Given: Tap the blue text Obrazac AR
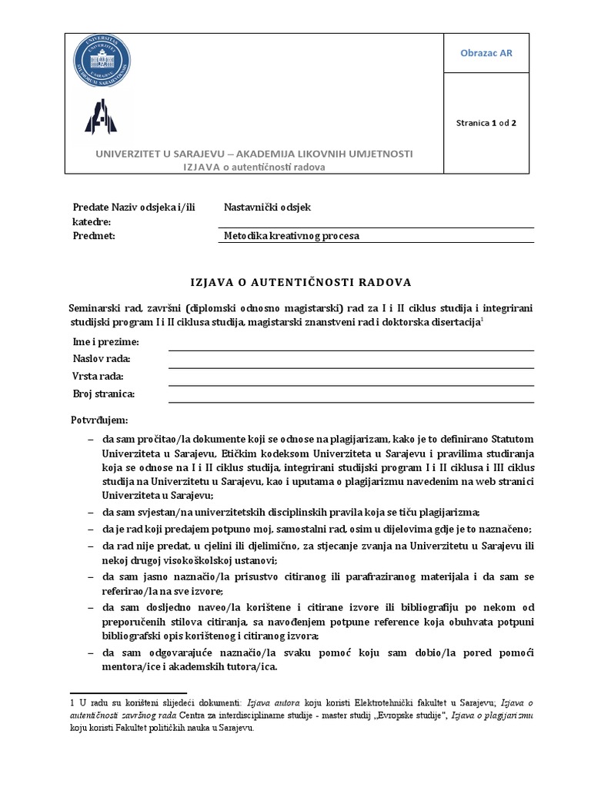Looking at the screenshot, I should point(486,53).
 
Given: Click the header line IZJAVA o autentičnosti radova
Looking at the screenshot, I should point(253,168).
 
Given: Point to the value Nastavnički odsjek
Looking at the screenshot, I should point(267,207).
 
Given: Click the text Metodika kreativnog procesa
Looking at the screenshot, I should point(292,236).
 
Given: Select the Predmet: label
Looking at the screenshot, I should point(93,236).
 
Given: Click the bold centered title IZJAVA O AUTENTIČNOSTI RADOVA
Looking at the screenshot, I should point(301,281).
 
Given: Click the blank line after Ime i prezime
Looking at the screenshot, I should point(350,344).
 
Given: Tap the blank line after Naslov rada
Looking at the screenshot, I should point(350,360).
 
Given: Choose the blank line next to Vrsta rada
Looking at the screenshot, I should point(350,378).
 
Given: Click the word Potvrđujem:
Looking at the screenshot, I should point(100,420).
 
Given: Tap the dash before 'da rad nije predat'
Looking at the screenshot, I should point(92,545).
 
